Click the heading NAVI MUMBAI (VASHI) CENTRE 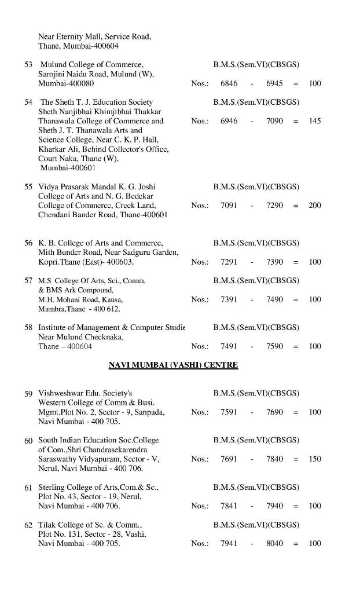tap(173, 365)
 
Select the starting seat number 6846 tap(229, 83)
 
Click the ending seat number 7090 tap(274, 121)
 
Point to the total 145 tap(315, 121)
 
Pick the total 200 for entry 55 tap(315, 206)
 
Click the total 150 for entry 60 tap(315, 459)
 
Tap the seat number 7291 tap(229, 262)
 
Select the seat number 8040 tap(274, 543)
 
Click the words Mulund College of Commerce tap(91, 64)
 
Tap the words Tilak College tap(64, 525)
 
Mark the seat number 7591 tap(229, 412)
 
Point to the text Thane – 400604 tap(65, 346)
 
